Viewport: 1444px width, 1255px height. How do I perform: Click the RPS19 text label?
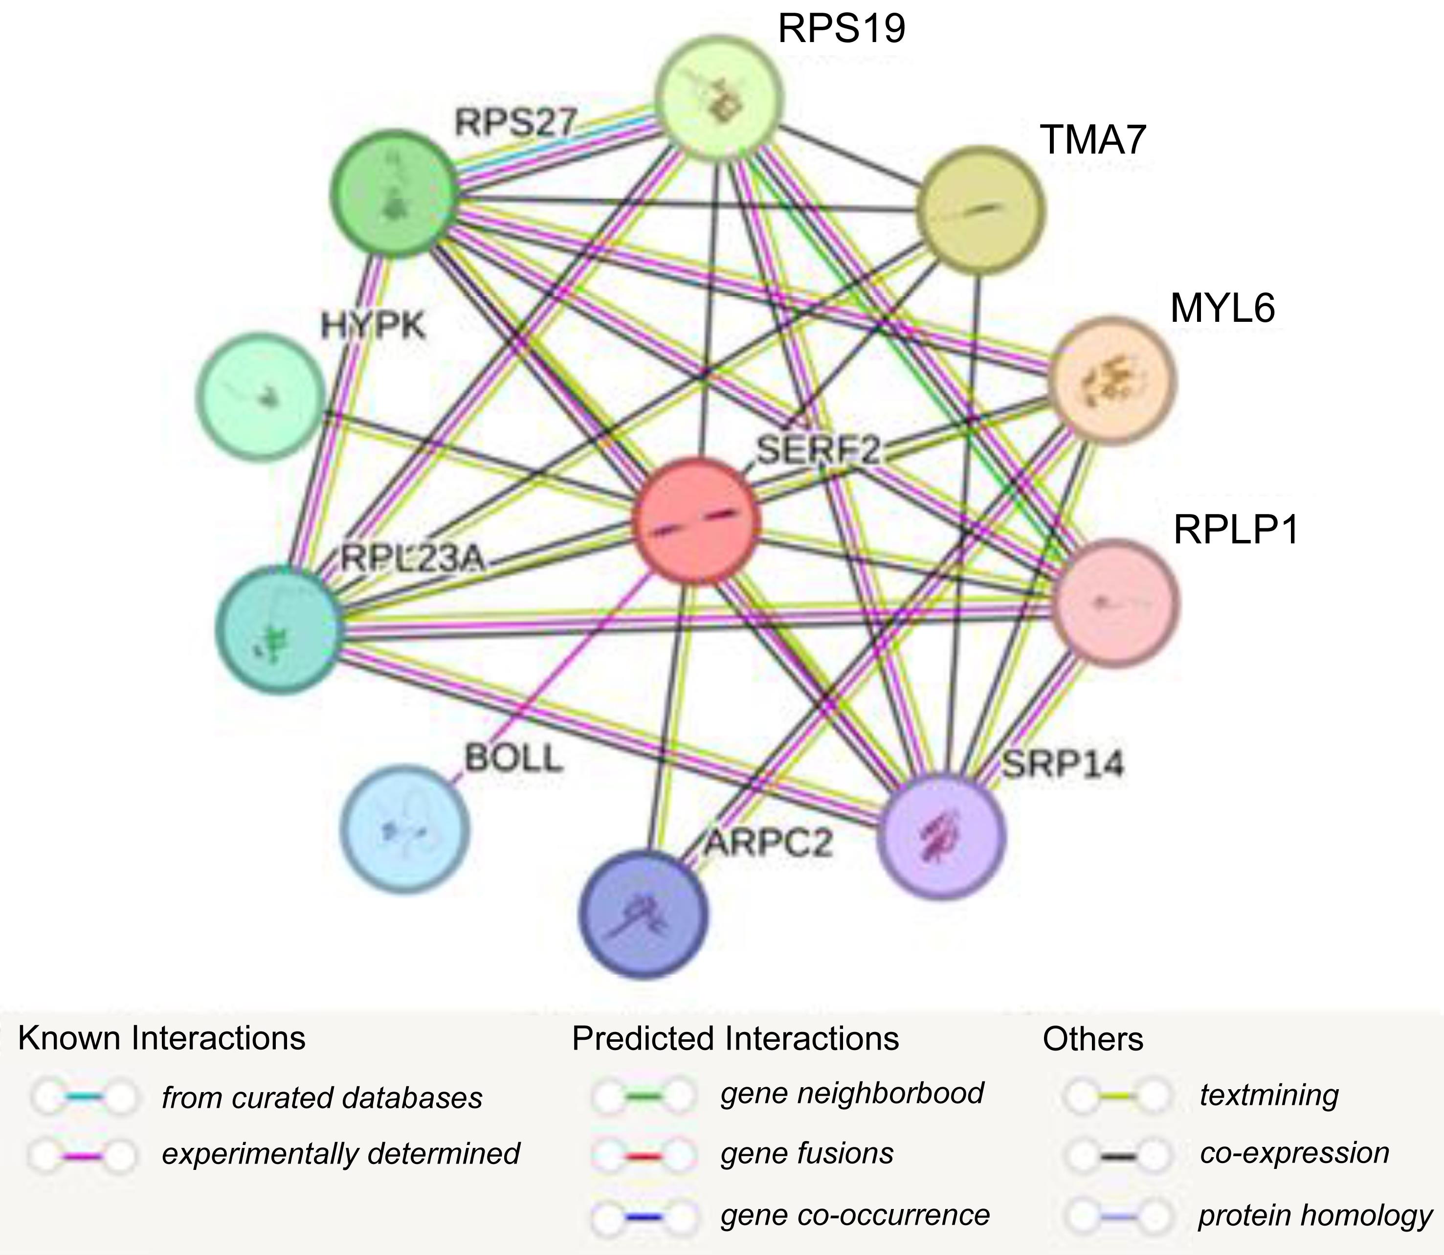(x=842, y=29)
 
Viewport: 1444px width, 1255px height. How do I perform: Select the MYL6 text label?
(x=1222, y=308)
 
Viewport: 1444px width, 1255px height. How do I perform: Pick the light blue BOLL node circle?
(x=405, y=829)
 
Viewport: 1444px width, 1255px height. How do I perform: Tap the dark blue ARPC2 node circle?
(x=644, y=914)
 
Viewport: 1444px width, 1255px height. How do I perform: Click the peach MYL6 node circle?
(x=1112, y=381)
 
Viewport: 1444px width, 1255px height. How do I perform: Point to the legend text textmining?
(x=1269, y=1095)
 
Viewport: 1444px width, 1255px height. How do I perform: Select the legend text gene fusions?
(x=807, y=1153)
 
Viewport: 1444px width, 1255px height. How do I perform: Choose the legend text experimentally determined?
(x=341, y=1153)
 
